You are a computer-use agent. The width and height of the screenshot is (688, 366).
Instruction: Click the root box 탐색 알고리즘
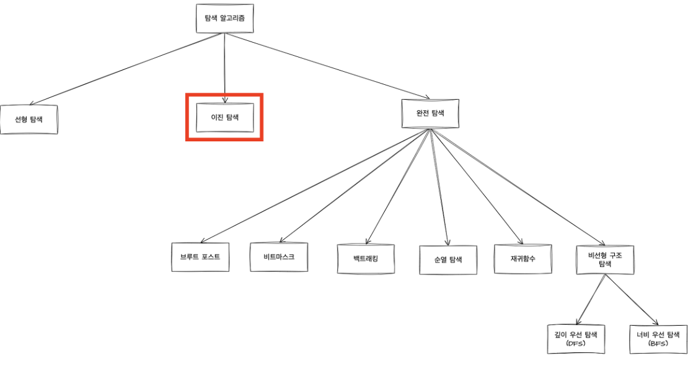pos(224,19)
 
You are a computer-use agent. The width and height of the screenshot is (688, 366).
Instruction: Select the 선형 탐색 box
pos(29,119)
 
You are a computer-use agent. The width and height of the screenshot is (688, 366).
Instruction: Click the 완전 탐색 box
pos(430,113)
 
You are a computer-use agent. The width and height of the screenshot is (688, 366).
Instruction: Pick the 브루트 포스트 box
pos(200,256)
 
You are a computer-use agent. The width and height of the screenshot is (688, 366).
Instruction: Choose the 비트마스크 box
pos(278,256)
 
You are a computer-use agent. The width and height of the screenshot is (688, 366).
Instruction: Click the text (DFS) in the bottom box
pos(576,343)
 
